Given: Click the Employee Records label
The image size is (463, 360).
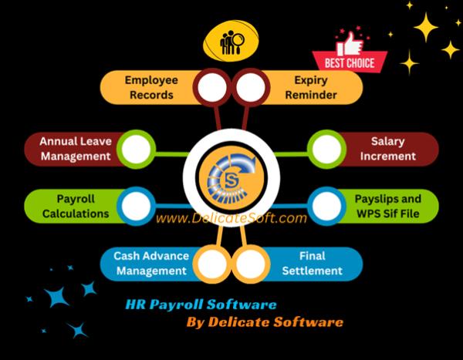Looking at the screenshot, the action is [x=151, y=87].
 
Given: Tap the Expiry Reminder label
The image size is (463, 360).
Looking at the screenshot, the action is [x=311, y=87].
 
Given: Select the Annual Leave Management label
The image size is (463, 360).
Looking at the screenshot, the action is [x=76, y=149].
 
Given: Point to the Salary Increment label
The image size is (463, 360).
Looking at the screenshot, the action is [x=387, y=149].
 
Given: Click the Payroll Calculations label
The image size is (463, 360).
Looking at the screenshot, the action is [x=76, y=206].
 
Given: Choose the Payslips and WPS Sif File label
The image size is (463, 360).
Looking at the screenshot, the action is [x=387, y=206].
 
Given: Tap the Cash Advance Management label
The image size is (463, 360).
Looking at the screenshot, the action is [x=151, y=263].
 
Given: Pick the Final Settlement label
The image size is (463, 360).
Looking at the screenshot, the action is [x=312, y=263].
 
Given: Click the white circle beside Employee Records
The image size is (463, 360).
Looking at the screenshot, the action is [x=212, y=87].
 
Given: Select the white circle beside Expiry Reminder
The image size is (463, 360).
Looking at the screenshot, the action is [x=250, y=87].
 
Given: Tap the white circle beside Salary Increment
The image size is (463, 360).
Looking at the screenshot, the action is [x=326, y=149].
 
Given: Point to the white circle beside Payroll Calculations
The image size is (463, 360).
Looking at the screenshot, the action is [x=136, y=206].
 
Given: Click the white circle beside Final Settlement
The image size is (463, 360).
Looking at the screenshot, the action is [x=250, y=264].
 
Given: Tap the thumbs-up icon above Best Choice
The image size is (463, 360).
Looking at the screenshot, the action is [x=350, y=44].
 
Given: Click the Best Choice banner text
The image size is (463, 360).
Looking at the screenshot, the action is [x=350, y=63].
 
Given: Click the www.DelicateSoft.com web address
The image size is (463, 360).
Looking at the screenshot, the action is [x=231, y=218].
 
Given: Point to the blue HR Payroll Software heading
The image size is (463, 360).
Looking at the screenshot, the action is [x=201, y=304].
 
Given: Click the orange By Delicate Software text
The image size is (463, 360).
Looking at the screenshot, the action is [x=265, y=322].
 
